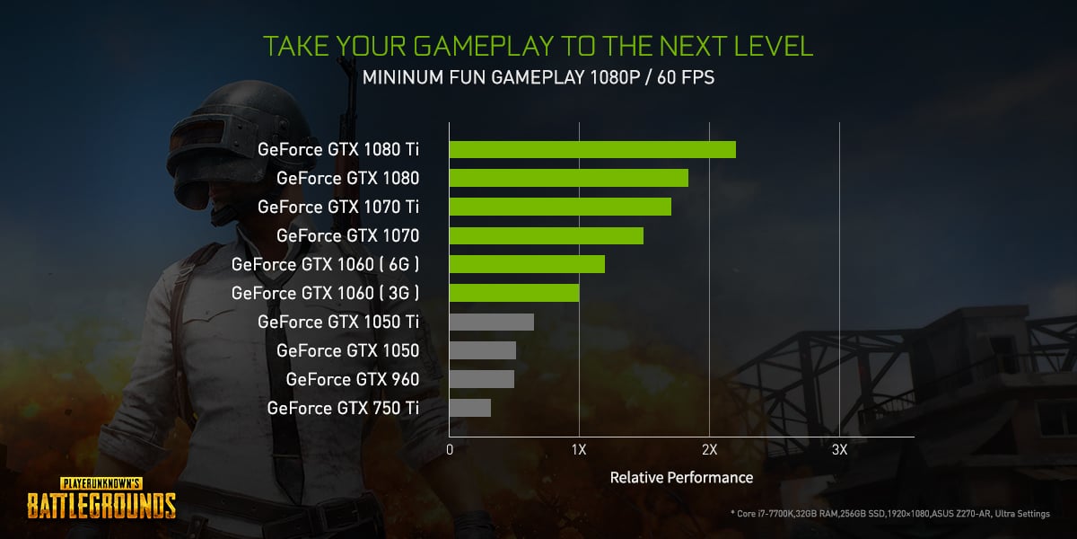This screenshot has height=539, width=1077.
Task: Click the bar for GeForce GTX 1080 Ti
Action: point(592,149)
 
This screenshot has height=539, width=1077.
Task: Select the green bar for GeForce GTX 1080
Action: point(568,178)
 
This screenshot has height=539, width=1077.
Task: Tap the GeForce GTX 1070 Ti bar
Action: point(560,207)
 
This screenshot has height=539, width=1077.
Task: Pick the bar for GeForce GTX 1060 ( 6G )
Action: point(527,264)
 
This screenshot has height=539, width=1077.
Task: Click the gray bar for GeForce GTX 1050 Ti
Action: point(491,322)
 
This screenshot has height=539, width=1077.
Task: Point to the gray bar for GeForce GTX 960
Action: point(481,379)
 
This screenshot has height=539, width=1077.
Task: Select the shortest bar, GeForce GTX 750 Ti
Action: point(469,408)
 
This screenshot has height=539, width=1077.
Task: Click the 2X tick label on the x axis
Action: point(709,449)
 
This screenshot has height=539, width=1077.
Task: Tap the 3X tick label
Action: point(839,449)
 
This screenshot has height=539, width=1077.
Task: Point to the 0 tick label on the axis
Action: point(450,449)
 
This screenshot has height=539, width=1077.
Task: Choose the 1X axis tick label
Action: point(579,449)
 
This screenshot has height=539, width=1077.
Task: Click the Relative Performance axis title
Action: point(681,477)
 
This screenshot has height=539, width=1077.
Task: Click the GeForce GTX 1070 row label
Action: point(347,235)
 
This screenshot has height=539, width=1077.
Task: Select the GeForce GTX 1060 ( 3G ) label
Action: point(325,293)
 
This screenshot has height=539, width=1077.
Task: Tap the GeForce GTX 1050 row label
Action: point(347,350)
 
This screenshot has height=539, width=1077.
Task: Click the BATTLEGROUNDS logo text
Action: point(101,505)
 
